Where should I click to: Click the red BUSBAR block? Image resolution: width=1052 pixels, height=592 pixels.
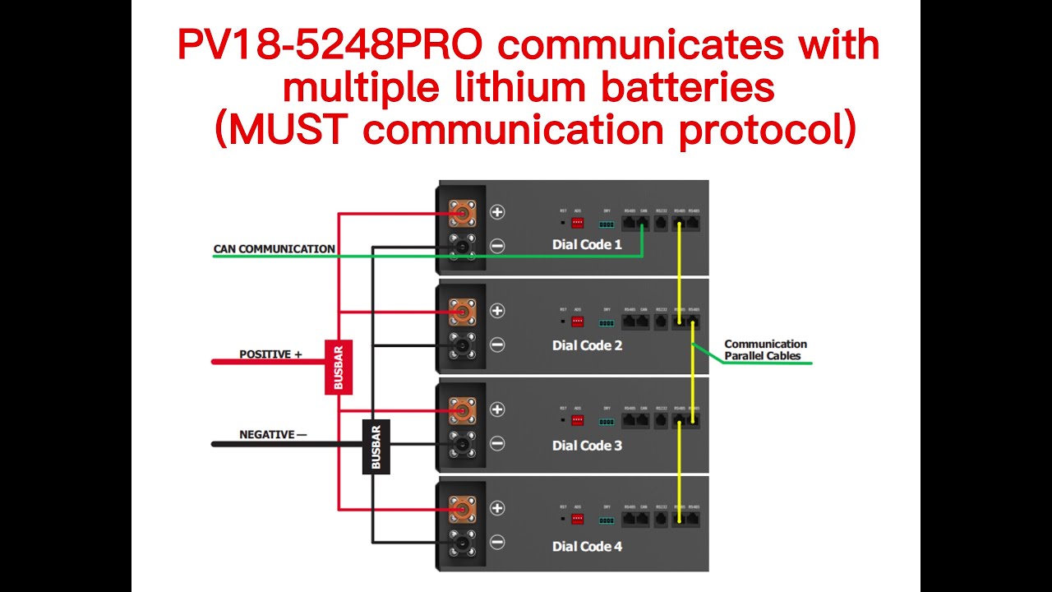pyautogui.click(x=339, y=367)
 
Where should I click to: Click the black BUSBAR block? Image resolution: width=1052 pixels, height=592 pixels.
pyautogui.click(x=376, y=446)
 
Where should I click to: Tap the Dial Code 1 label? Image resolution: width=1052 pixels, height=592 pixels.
pyautogui.click(x=587, y=244)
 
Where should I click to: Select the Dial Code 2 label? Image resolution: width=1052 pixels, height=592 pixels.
pyautogui.click(x=587, y=345)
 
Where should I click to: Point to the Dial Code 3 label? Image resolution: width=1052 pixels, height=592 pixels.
pyautogui.click(x=587, y=446)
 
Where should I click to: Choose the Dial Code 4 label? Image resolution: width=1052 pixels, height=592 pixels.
pyautogui.click(x=587, y=546)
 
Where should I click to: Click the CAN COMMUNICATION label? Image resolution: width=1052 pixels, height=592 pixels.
pyautogui.click(x=274, y=248)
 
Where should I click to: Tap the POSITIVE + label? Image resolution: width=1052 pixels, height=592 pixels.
pyautogui.click(x=270, y=354)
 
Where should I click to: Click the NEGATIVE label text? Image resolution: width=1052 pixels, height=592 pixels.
pyautogui.click(x=267, y=434)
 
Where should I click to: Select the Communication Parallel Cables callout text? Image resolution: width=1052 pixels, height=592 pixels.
pyautogui.click(x=765, y=350)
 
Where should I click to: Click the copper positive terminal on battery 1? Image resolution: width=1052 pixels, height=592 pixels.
pyautogui.click(x=462, y=214)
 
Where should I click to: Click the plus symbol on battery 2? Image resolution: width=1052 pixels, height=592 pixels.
pyautogui.click(x=497, y=311)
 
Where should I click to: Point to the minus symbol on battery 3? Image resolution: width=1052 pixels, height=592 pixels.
pyautogui.click(x=497, y=444)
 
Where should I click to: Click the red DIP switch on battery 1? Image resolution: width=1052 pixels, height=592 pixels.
pyautogui.click(x=578, y=222)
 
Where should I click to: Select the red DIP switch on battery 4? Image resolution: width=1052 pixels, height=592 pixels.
pyautogui.click(x=578, y=519)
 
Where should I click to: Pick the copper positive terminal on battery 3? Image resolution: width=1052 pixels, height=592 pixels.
pyautogui.click(x=462, y=409)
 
